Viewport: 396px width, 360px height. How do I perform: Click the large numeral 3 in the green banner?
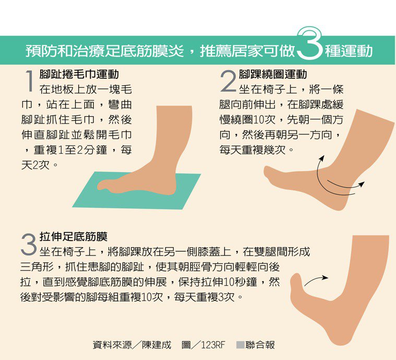(x=310, y=43)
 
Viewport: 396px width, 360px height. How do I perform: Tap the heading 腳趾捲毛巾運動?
(x=79, y=74)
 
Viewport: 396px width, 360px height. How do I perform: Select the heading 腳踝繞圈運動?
(x=273, y=74)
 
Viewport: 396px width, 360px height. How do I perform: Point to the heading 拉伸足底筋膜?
(x=74, y=236)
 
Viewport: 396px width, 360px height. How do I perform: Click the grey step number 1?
(x=30, y=81)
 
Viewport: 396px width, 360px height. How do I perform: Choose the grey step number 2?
(x=228, y=81)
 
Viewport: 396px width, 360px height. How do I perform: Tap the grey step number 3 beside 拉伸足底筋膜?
(x=29, y=244)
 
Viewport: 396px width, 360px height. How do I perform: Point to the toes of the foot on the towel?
(x=103, y=185)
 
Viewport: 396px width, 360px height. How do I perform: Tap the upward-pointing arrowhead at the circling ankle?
(x=321, y=159)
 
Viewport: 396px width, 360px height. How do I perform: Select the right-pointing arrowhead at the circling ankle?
(x=362, y=184)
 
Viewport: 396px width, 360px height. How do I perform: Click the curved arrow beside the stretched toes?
(x=316, y=280)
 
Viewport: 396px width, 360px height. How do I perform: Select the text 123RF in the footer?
(x=213, y=345)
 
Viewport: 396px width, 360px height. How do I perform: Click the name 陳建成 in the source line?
(x=157, y=345)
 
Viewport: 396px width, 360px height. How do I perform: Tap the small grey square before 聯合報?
(x=240, y=345)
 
